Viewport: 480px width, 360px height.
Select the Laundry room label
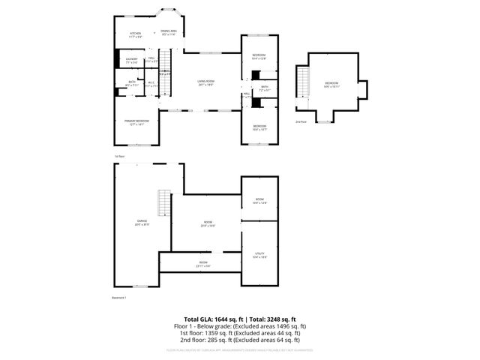point(131,59)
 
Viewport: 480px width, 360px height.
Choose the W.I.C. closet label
point(150,84)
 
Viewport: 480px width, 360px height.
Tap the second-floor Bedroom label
point(331,84)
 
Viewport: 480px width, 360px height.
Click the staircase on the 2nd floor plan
point(304,81)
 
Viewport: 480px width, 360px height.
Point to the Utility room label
point(259,255)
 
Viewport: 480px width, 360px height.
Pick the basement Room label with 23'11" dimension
point(203,263)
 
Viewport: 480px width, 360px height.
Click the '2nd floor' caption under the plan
point(301,121)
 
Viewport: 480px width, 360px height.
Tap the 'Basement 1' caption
point(118,298)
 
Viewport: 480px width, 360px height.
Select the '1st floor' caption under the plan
point(118,156)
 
